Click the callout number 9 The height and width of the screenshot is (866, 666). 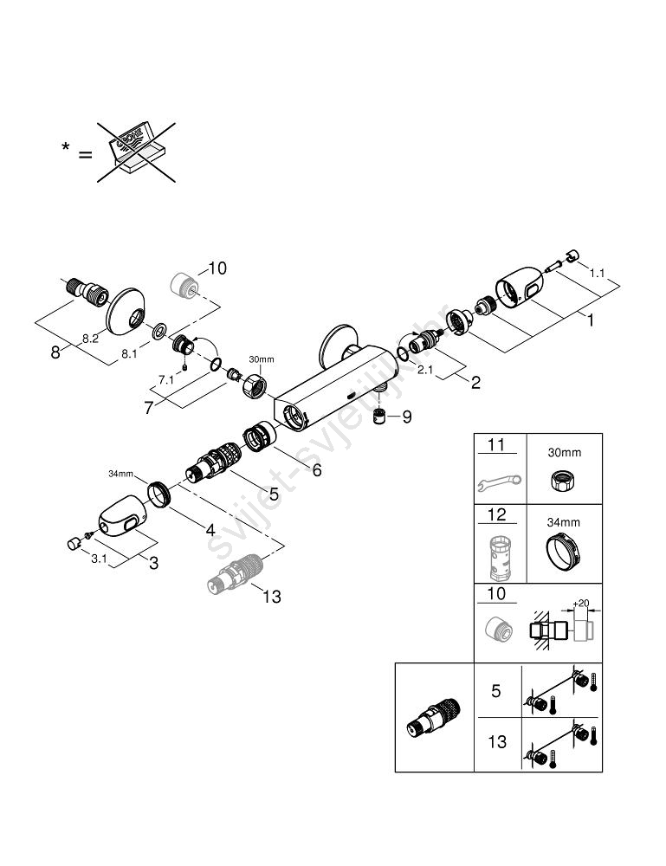pyautogui.click(x=405, y=417)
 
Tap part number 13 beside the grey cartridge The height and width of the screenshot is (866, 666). pyautogui.click(x=271, y=596)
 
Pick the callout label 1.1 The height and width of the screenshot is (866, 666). pyautogui.click(x=598, y=272)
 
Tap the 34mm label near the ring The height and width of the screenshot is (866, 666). pyautogui.click(x=120, y=474)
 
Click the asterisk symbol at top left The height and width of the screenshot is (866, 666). pyautogui.click(x=66, y=149)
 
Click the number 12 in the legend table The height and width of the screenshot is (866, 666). pyautogui.click(x=496, y=515)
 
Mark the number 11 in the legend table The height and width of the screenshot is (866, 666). pyautogui.click(x=495, y=445)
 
